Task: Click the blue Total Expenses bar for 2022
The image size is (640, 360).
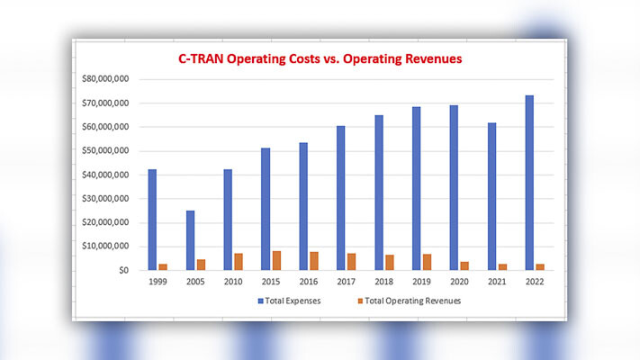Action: tap(529, 183)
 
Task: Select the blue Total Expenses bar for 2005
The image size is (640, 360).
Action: tap(190, 240)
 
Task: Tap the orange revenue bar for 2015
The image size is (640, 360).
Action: tap(276, 260)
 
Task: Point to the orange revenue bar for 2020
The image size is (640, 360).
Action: tap(464, 265)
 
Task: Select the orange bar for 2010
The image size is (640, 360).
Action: tap(239, 261)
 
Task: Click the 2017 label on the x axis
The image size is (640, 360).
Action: tap(347, 282)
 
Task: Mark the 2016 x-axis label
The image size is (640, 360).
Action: tap(309, 282)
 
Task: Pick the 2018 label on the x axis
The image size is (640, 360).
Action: tap(383, 282)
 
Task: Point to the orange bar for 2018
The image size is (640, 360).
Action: tap(389, 262)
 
